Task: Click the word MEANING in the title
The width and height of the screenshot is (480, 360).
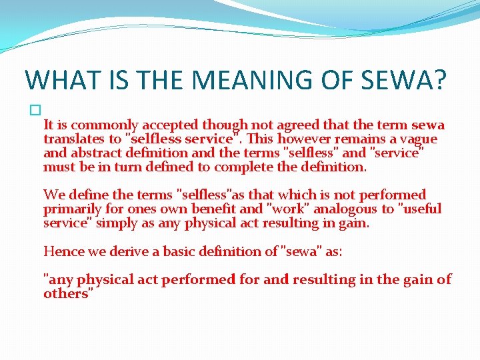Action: [x=237, y=79]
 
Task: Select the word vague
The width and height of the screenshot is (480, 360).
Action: [x=417, y=139]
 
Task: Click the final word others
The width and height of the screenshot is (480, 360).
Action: [x=65, y=293]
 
